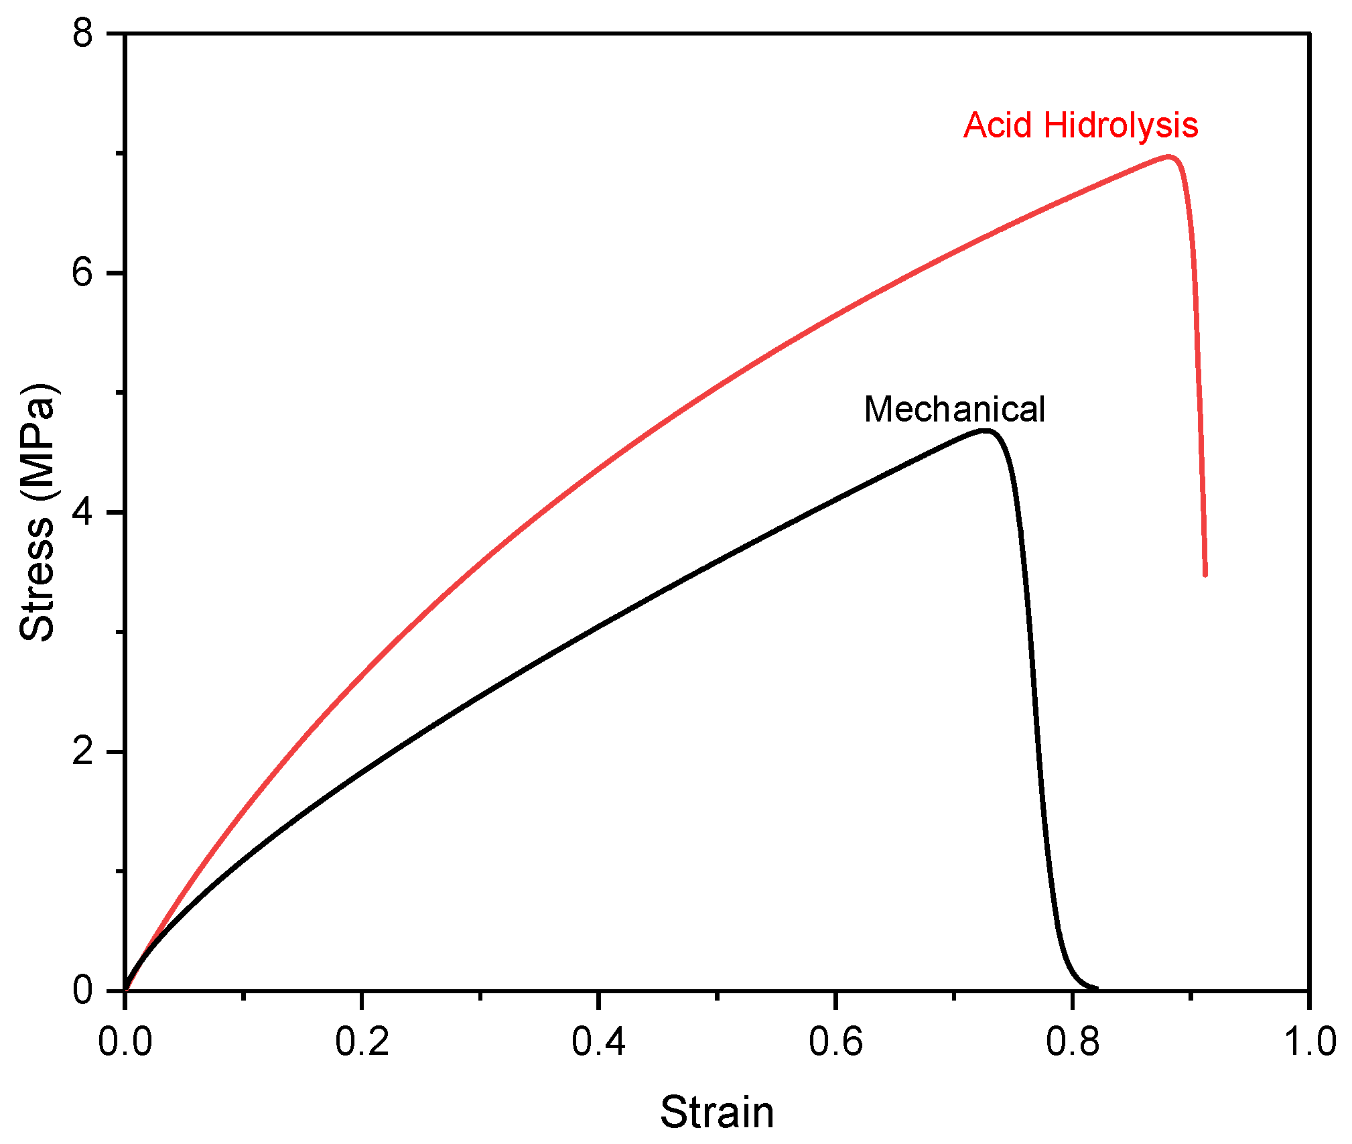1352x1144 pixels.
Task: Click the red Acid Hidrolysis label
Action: [1080, 125]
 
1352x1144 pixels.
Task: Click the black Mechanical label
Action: [954, 409]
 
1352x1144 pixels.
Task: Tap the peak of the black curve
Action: [985, 431]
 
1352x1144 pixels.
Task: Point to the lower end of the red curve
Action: [1205, 574]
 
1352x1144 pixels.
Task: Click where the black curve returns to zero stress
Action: [1095, 988]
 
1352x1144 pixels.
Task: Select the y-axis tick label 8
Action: [83, 33]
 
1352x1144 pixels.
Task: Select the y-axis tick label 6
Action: [83, 273]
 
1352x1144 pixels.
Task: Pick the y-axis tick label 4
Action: [83, 512]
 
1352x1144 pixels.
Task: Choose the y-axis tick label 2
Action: [83, 751]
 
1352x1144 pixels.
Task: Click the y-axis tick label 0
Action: [83, 991]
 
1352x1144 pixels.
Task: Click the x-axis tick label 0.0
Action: [125, 1043]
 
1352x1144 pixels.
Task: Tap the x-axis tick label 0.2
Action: [362, 1043]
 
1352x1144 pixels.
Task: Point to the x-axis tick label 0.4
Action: [598, 1043]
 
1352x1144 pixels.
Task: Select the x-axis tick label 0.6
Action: [835, 1043]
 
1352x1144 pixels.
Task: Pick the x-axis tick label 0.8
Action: [1072, 1043]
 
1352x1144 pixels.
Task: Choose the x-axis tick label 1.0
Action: [1308, 1043]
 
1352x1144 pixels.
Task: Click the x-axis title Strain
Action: [717, 1113]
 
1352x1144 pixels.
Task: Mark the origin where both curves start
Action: [126, 990]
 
